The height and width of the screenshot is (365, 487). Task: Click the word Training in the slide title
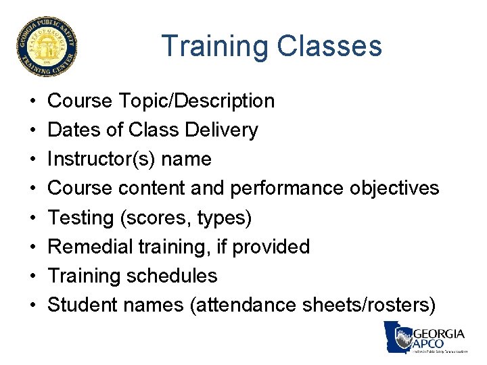pos(214,46)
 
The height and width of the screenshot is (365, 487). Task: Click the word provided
pos(271,247)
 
